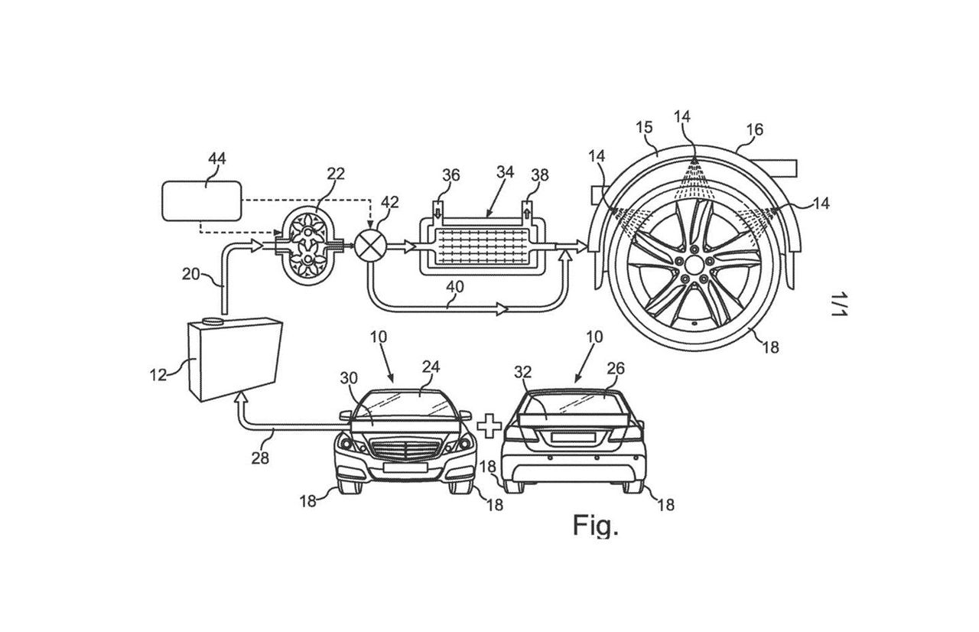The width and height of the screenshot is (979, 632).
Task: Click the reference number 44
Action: pos(216,158)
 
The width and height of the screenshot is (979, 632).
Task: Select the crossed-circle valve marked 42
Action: pos(369,247)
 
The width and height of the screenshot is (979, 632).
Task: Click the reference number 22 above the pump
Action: pos(335,174)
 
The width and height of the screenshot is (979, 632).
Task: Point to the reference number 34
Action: pos(505,171)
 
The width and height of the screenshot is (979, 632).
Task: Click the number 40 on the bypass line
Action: pos(454,287)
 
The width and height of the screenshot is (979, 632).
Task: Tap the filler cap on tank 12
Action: pos(213,321)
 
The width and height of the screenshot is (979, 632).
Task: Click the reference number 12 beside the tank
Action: pos(158,375)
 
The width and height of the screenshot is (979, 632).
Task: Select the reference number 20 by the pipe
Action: pos(191,274)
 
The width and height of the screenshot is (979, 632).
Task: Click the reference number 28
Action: pos(260,458)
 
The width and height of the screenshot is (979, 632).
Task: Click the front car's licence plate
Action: pos(405,467)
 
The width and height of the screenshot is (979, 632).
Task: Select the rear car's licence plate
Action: pos(573,437)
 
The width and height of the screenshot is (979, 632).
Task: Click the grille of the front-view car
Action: pos(405,451)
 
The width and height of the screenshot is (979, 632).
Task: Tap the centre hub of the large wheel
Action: pos(694,265)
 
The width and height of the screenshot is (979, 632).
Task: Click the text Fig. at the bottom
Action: pos(595,526)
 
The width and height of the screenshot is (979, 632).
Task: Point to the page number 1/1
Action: pos(839,304)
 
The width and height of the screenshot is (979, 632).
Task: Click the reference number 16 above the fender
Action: pos(755,129)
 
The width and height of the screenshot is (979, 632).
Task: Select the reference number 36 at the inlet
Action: pos(451,174)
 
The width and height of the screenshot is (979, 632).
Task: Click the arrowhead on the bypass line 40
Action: pos(502,310)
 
